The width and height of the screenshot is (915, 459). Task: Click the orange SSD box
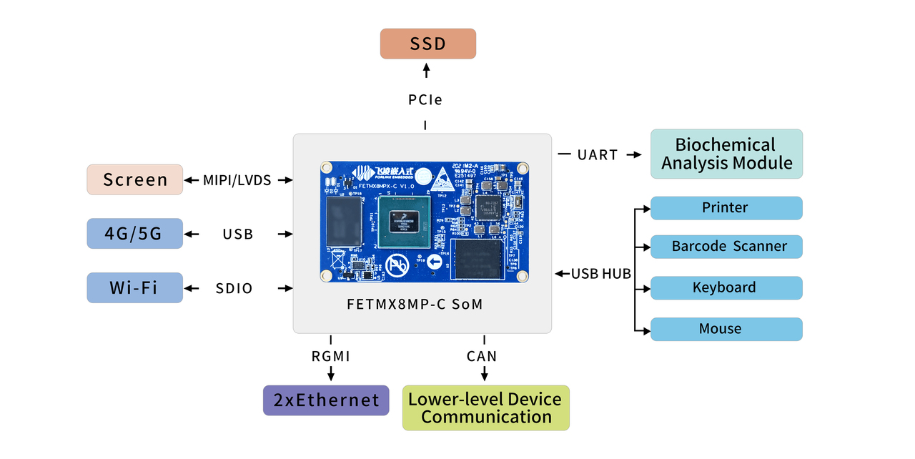pyautogui.click(x=427, y=44)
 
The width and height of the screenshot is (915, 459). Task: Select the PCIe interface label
pyautogui.click(x=425, y=100)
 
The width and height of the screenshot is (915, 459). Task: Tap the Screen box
pyautogui.click(x=135, y=179)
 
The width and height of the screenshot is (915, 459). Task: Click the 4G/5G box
pyautogui.click(x=135, y=234)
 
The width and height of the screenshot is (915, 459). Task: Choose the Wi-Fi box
pyautogui.click(x=135, y=288)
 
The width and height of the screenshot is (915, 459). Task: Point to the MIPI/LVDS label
pyautogui.click(x=238, y=180)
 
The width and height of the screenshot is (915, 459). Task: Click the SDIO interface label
pyautogui.click(x=234, y=289)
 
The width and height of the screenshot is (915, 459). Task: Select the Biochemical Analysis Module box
pyautogui.click(x=726, y=154)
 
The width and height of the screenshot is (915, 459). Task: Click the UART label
pyautogui.click(x=598, y=155)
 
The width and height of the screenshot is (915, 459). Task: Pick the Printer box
pyautogui.click(x=726, y=208)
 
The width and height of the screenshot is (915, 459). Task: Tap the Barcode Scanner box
pyautogui.click(x=726, y=247)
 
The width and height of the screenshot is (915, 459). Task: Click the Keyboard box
pyautogui.click(x=726, y=288)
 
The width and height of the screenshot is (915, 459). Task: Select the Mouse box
pyautogui.click(x=726, y=330)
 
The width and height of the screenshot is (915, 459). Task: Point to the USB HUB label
pyautogui.click(x=600, y=274)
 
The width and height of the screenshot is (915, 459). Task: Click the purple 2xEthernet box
pyautogui.click(x=326, y=400)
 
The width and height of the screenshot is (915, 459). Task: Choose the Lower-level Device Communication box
pyautogui.click(x=486, y=408)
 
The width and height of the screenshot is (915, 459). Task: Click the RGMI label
pyautogui.click(x=330, y=356)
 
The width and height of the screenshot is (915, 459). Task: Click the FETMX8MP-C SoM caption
pyautogui.click(x=415, y=304)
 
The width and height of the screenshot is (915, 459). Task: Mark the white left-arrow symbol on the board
pyautogui.click(x=435, y=262)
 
